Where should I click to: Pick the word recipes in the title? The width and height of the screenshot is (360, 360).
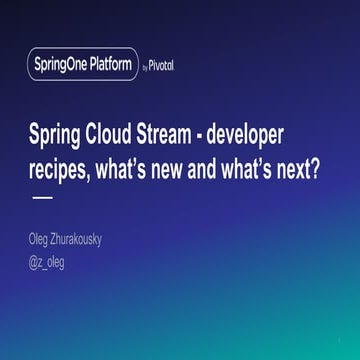click(x=59, y=167)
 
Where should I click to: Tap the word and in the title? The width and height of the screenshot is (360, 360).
click(x=222, y=166)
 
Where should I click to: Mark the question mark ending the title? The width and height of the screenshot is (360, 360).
click(x=330, y=166)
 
